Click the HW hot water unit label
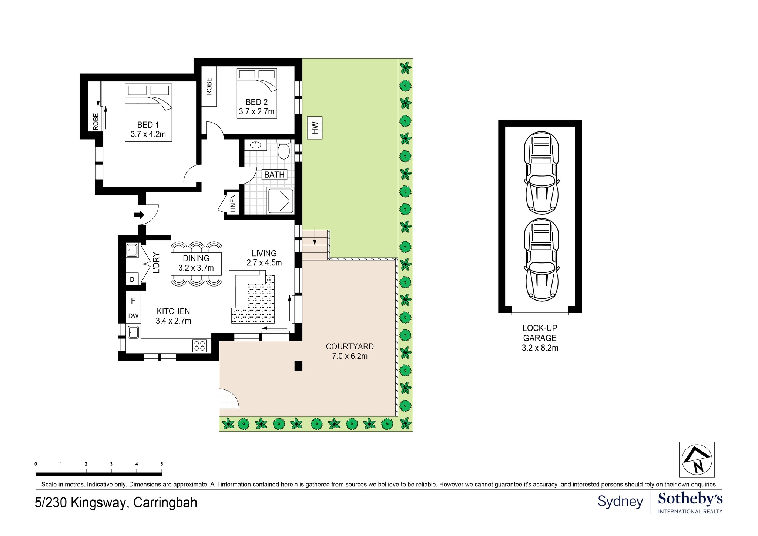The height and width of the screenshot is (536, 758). [x=315, y=128]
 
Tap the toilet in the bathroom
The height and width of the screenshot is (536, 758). [x=284, y=150]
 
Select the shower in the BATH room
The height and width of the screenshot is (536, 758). [x=281, y=201]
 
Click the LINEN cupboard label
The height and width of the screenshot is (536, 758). [x=233, y=204]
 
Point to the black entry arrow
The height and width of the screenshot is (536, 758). [x=139, y=215]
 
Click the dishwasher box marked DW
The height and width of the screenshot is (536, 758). [x=133, y=316]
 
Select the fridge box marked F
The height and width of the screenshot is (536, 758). [x=133, y=301]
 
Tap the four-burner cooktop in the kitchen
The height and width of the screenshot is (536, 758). [x=199, y=346]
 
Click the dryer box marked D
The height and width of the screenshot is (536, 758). [x=132, y=279]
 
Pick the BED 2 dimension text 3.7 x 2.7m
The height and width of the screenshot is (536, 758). [x=256, y=111]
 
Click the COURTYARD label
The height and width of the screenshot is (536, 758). [x=350, y=346]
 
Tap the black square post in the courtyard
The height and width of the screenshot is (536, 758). [x=298, y=366]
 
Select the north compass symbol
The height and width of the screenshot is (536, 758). [x=697, y=459]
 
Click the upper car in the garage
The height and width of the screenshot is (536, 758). [x=541, y=173]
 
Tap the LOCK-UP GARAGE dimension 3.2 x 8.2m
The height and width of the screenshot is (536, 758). [x=540, y=348]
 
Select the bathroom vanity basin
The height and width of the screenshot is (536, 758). [x=255, y=145]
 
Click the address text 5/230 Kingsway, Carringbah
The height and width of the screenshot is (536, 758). [x=116, y=503]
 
